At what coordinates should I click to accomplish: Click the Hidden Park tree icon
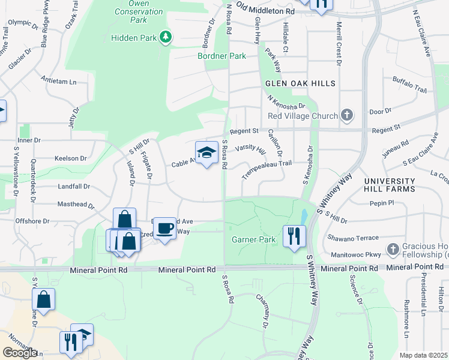point(165,38)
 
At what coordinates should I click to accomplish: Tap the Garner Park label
point(254,240)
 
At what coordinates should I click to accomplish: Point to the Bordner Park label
point(222,56)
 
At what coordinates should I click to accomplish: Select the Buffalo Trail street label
point(409,85)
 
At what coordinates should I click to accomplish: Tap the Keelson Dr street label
point(70,158)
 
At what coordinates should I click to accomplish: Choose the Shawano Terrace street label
point(353,238)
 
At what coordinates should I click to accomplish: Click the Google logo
point(20,353)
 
